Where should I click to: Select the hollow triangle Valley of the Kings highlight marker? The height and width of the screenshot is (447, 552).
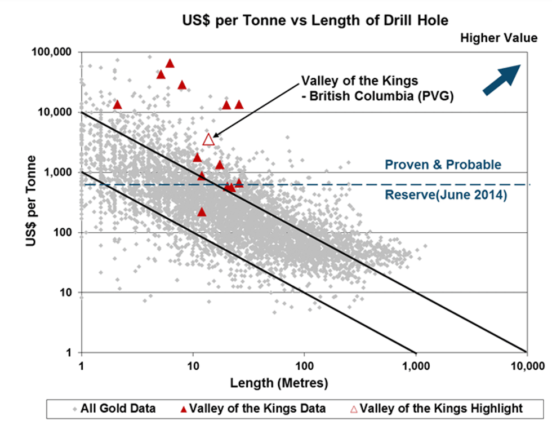(208, 139)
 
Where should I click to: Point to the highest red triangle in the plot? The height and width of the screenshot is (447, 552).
(170, 63)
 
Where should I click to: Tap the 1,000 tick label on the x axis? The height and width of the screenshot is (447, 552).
(416, 366)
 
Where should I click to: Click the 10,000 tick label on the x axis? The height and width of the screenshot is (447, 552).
(527, 366)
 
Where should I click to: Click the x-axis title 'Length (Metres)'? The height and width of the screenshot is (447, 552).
(279, 384)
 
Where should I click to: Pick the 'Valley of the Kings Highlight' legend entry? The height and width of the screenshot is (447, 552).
(436, 409)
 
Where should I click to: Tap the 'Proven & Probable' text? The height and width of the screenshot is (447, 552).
(443, 165)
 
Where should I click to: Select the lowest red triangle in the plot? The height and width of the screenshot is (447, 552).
(202, 212)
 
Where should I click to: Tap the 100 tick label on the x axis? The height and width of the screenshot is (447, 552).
(304, 366)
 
